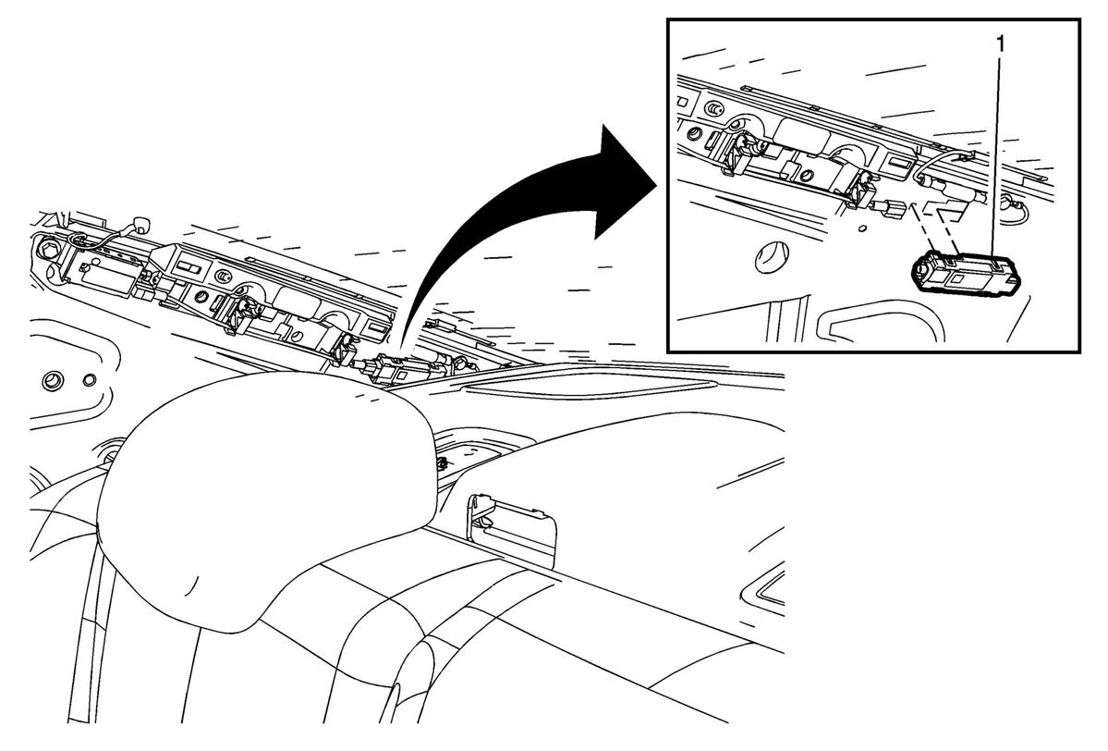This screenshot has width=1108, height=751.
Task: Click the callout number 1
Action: (1000, 43)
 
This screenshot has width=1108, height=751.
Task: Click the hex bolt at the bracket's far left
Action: (50, 251)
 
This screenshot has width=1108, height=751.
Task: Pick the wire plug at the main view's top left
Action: (142, 224)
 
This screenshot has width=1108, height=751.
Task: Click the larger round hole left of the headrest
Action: (51, 380)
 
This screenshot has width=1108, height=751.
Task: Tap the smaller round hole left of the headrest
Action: (89, 380)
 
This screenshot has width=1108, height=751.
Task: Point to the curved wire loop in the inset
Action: (940, 166)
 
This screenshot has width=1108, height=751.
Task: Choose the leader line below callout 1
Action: (999, 159)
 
